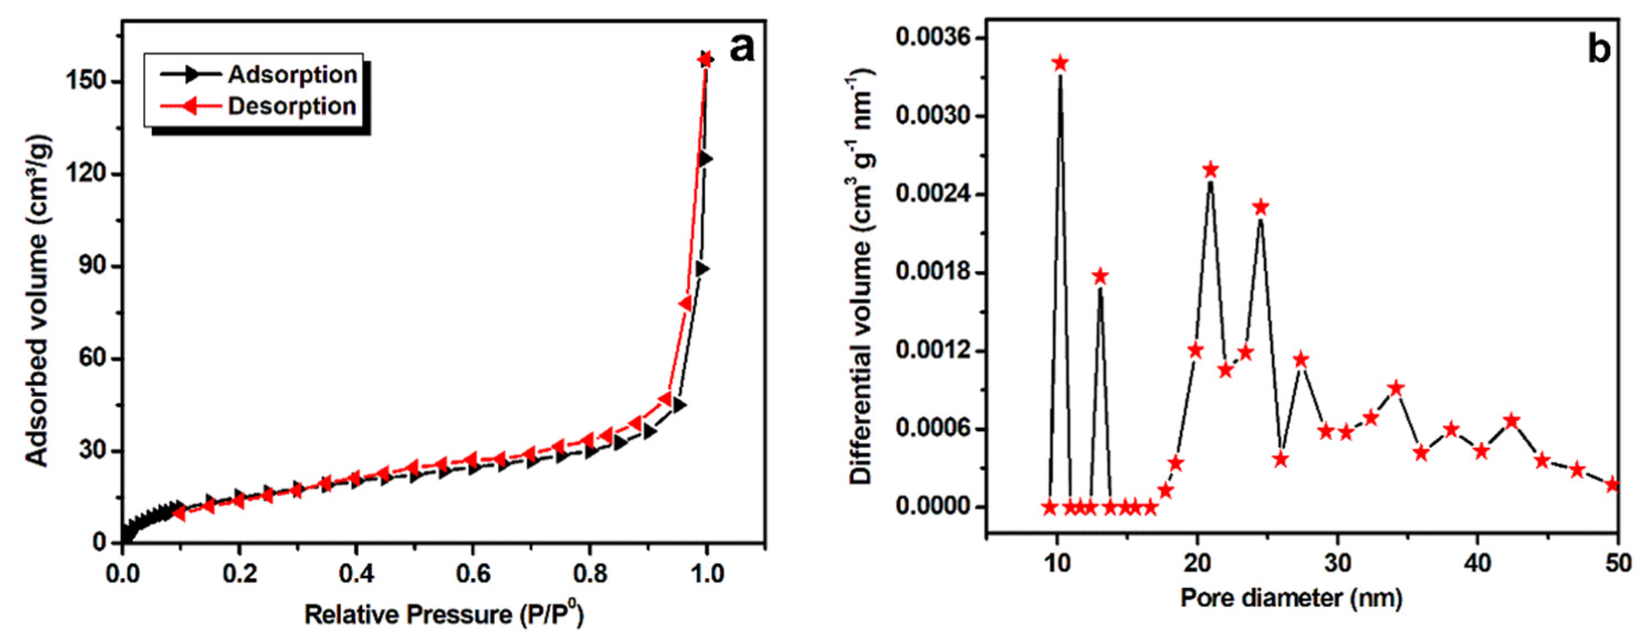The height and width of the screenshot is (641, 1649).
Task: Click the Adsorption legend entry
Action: coord(291,75)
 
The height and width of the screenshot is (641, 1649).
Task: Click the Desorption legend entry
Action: coord(291,106)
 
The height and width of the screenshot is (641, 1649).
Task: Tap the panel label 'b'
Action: coord(1599,49)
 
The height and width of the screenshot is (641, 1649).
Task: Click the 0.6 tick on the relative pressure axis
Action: coord(472,573)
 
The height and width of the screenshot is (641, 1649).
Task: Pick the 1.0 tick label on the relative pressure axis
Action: coord(706,573)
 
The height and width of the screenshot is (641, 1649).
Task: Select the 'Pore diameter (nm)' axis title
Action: coord(1291,598)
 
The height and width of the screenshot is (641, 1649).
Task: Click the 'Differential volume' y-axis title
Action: coord(862,278)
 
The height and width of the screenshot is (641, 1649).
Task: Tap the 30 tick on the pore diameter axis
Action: coord(1337,564)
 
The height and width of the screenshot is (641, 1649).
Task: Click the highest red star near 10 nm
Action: coord(1060,63)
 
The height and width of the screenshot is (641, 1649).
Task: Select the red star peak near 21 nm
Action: coord(1210,170)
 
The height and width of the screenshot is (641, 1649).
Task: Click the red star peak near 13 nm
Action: coord(1100,277)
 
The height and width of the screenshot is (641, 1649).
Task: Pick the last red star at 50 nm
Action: coord(1613,485)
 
